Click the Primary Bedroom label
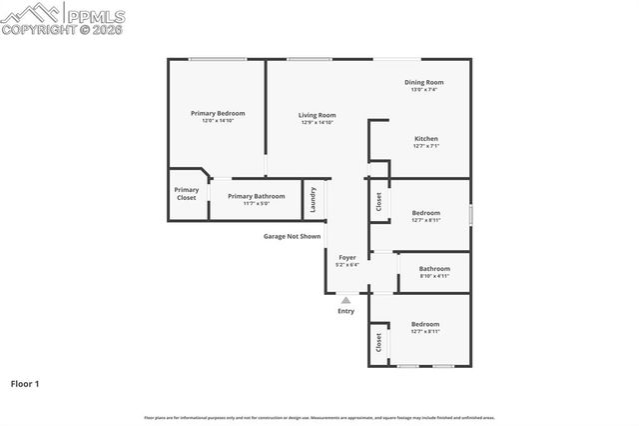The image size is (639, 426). [x=217, y=113]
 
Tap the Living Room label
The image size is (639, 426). [x=317, y=115]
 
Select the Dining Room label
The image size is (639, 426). [x=423, y=82]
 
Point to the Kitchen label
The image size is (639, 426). [x=426, y=139]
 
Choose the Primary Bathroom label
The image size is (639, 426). [x=256, y=196]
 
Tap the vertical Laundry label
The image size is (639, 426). [x=314, y=199]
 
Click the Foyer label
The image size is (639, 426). [x=346, y=257]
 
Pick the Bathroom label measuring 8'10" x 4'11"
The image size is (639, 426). [x=434, y=268]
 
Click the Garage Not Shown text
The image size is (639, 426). [x=292, y=237]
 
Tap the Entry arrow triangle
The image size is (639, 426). [x=345, y=300]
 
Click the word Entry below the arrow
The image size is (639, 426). [x=345, y=311]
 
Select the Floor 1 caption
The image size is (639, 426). [x=25, y=383]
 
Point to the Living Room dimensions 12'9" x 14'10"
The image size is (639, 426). [x=317, y=123]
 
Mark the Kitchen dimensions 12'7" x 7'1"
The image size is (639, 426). [x=426, y=146]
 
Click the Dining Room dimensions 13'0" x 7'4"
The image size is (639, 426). [x=423, y=90]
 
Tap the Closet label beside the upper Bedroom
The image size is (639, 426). [x=379, y=202]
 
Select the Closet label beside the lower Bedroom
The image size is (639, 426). [x=379, y=343]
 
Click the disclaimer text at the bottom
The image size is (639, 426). [x=319, y=417]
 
